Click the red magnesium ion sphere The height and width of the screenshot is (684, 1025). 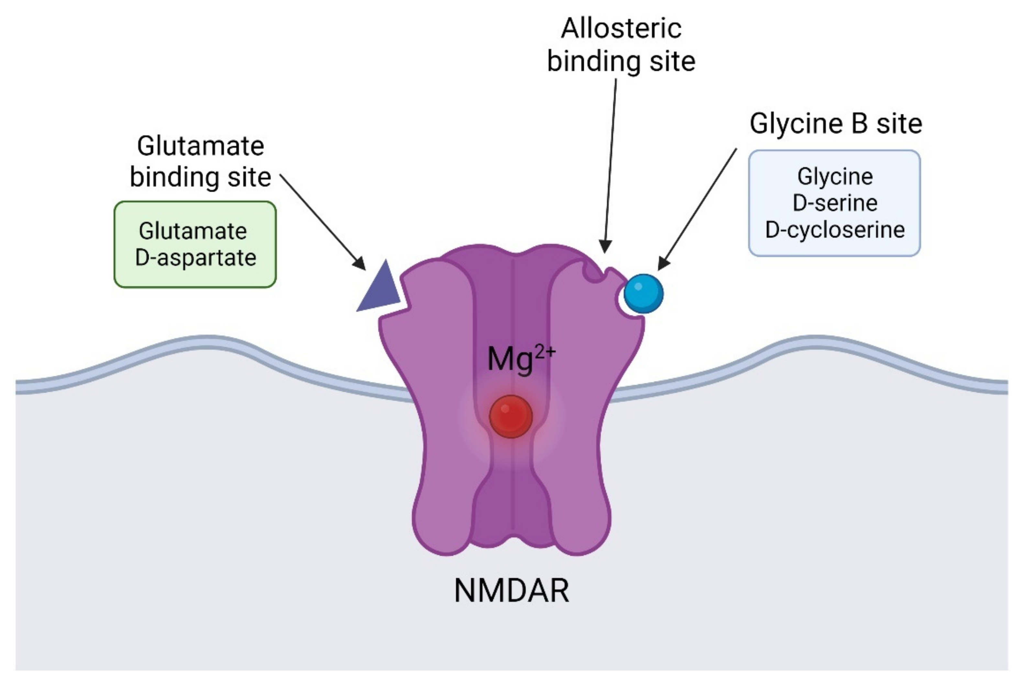(x=511, y=417)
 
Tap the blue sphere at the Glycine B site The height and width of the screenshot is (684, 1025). (x=643, y=294)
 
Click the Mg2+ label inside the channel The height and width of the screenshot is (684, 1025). (x=521, y=359)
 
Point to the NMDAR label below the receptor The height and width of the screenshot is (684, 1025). (x=512, y=591)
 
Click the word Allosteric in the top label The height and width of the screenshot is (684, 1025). (x=621, y=29)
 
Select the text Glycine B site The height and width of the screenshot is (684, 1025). (x=836, y=124)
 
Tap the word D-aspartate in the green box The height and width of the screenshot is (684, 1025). (x=195, y=257)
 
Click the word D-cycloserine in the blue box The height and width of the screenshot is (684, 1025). (x=835, y=230)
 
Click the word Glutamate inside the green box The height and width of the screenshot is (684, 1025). (x=193, y=231)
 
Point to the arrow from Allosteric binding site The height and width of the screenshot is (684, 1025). (x=610, y=166)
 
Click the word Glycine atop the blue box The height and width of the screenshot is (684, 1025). (x=835, y=177)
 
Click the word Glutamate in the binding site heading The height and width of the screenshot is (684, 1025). (x=200, y=146)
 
